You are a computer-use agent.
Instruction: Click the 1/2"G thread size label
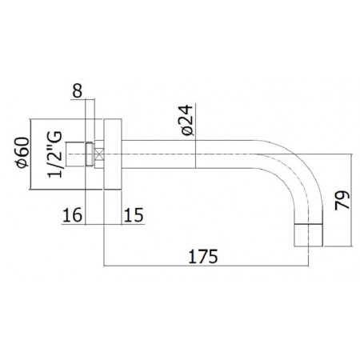pyautogui.click(x=55, y=154)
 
